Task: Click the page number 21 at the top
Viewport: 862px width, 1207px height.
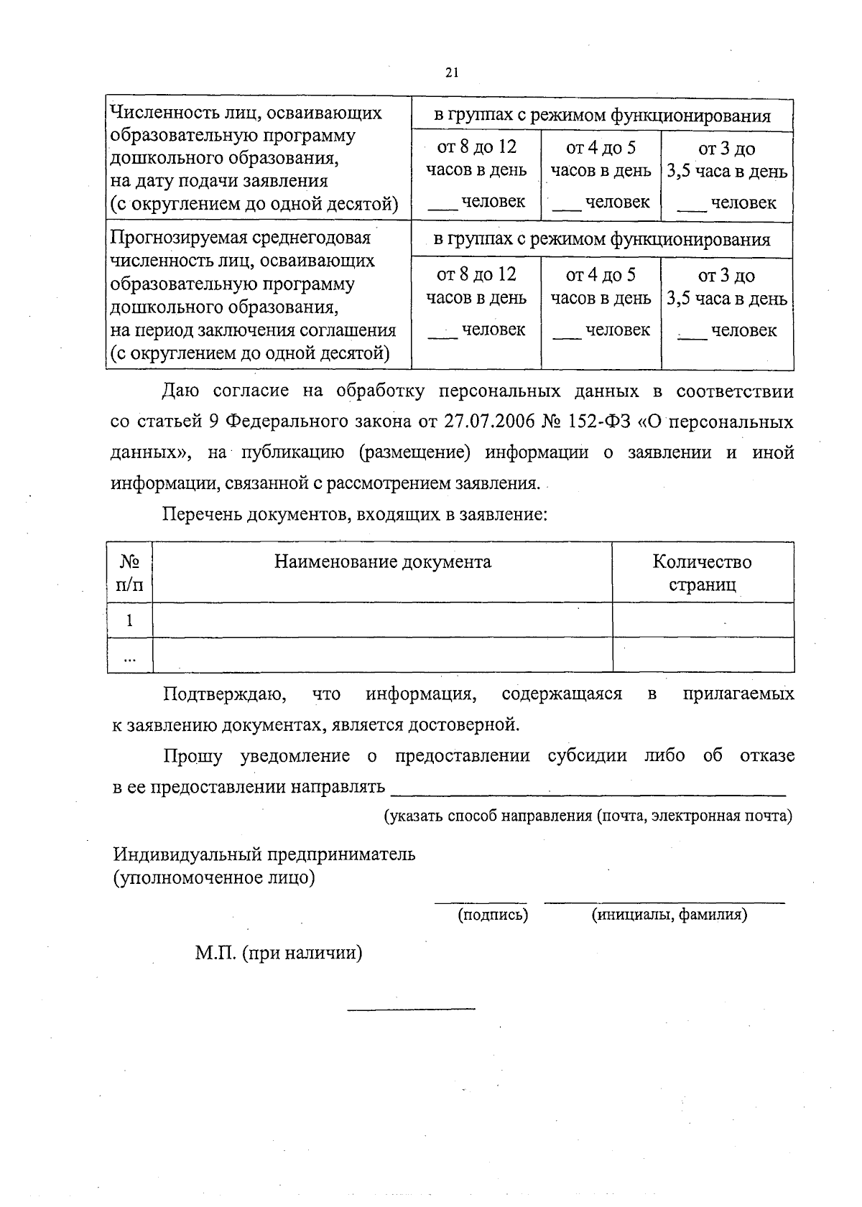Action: click(451, 73)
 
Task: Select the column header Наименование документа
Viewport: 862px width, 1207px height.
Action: click(382, 561)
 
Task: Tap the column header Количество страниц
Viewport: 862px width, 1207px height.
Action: click(702, 572)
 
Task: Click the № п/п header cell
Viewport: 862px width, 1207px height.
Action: click(129, 572)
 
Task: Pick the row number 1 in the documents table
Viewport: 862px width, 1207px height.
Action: click(129, 620)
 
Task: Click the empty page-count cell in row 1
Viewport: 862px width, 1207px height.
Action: click(702, 620)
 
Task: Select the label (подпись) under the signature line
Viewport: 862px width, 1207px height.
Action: click(493, 915)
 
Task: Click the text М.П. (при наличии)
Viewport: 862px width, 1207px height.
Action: click(278, 953)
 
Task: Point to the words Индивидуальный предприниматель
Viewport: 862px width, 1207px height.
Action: click(264, 854)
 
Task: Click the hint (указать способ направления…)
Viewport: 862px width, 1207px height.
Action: click(588, 816)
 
